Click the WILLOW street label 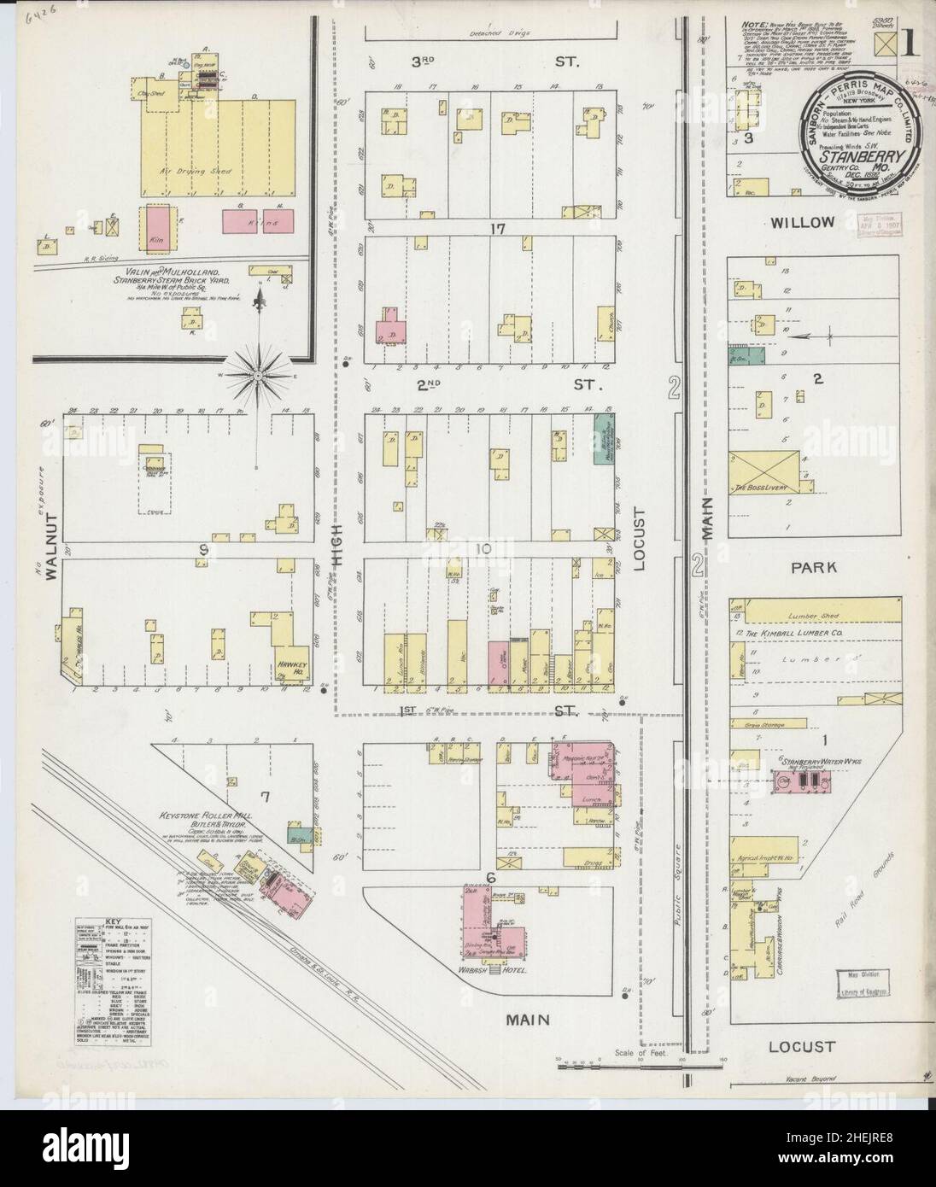pyautogui.click(x=802, y=223)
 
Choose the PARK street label pyautogui.click(x=812, y=566)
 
